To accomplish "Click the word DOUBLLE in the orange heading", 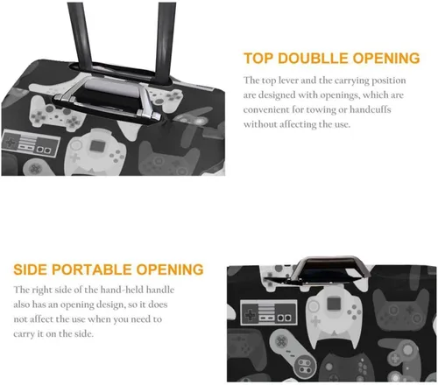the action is click(313, 59).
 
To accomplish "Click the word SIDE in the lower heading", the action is click(31, 269).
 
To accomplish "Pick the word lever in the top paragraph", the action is click(288, 80).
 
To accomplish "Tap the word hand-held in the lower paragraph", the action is click(122, 290).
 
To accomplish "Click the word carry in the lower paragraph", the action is click(24, 334).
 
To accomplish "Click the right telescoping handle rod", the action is click(165, 41).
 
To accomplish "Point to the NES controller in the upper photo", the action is click(31, 143).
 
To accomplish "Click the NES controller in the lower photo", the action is click(269, 312).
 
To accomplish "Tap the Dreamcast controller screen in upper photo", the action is click(96, 146).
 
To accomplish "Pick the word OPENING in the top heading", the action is click(386, 59).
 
